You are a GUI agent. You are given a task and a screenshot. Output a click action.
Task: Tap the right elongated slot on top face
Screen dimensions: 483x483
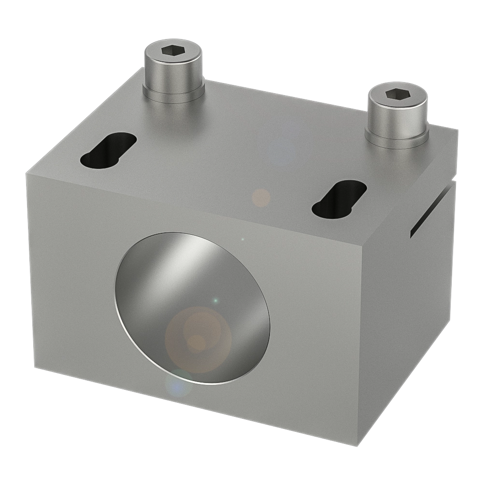(x=339, y=199)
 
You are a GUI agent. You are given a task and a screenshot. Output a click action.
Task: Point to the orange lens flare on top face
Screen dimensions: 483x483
(x=261, y=198)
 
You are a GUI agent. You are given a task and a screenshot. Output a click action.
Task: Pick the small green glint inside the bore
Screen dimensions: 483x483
(x=215, y=301)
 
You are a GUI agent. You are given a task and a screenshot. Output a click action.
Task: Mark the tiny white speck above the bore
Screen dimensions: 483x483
(x=242, y=239)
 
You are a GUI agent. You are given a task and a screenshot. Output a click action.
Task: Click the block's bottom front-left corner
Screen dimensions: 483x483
(x=34, y=368)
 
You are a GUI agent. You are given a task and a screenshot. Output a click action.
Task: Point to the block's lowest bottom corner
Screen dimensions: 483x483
(x=356, y=446)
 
